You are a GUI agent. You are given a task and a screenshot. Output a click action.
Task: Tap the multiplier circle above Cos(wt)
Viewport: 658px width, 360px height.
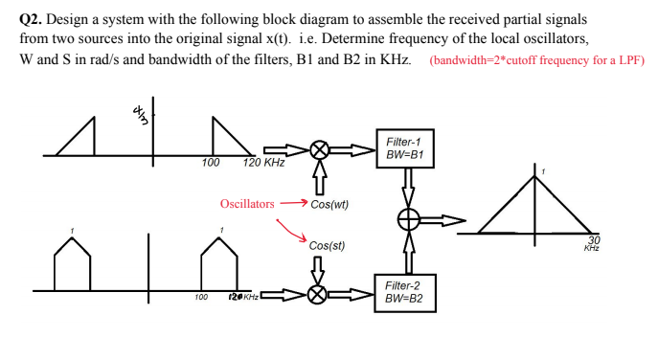click(322, 150)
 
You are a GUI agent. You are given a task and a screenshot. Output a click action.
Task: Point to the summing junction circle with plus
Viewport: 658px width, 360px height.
click(409, 220)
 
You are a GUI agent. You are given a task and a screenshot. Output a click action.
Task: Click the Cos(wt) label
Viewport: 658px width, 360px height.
click(329, 204)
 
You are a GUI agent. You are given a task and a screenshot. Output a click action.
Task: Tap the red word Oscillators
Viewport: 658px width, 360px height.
click(247, 204)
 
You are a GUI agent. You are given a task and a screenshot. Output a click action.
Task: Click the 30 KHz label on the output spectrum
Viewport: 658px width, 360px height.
click(592, 242)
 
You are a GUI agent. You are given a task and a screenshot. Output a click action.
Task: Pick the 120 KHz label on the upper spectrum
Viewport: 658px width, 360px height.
click(263, 163)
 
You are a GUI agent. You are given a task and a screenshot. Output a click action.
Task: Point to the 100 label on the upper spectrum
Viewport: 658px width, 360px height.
click(211, 163)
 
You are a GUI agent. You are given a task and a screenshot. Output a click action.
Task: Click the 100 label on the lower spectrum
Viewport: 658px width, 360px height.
click(200, 298)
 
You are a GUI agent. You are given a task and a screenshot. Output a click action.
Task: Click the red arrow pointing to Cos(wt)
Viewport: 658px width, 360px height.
click(293, 204)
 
